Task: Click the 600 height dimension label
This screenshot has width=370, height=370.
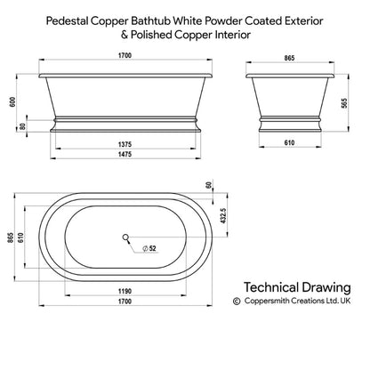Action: pos(12,101)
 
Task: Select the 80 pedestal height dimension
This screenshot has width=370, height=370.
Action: pos(22,126)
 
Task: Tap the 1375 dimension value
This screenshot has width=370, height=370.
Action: pos(125,144)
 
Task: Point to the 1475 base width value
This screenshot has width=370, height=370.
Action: pos(125,154)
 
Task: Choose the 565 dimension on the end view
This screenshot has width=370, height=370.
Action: pos(344,103)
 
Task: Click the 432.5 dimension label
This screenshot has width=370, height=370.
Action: pos(223,215)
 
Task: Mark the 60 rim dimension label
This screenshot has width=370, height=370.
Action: pos(208,185)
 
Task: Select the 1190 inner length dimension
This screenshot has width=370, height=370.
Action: pos(125,291)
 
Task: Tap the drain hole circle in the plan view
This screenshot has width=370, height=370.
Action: pos(125,237)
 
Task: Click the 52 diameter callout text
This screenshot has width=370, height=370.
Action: pos(152,248)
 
